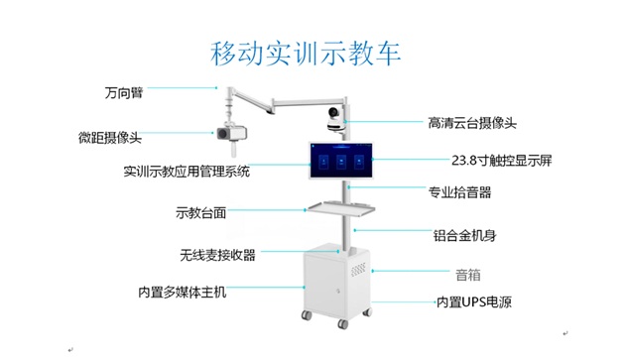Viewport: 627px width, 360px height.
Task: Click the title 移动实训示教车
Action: click(x=306, y=52)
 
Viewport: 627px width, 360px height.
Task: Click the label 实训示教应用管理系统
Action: click(x=187, y=171)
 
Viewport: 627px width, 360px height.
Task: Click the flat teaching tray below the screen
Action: click(x=343, y=208)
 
